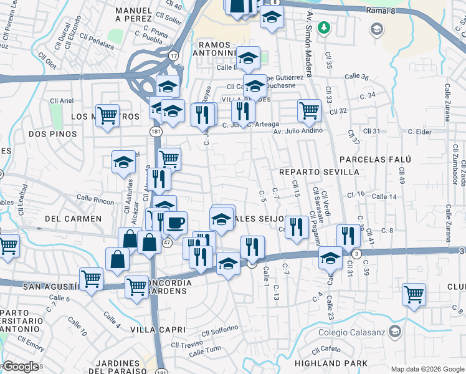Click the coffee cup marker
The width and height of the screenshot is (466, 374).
175,222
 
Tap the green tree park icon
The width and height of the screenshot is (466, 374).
323,27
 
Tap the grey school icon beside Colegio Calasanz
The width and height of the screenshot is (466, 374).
394,330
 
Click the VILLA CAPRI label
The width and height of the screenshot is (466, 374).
158,329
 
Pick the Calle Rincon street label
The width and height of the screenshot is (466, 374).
95,199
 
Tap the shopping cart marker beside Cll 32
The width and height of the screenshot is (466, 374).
309,110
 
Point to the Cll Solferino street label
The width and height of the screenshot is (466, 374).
220,328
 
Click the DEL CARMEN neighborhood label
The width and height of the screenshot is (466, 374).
74,219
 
